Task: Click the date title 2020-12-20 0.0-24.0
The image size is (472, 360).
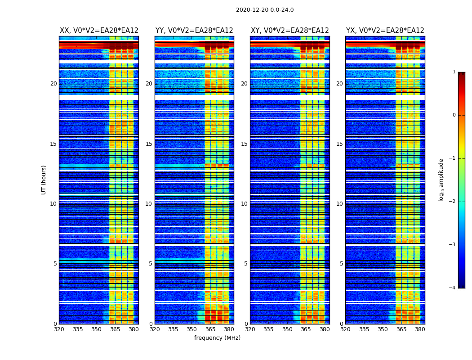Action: pyautogui.click(x=265, y=10)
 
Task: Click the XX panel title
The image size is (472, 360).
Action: pyautogui.click(x=99, y=31)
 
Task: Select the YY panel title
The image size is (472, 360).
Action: pyautogui.click(x=194, y=31)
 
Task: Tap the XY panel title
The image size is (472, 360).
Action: pyautogui.click(x=290, y=31)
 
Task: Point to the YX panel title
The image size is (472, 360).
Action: pyautogui.click(x=385, y=31)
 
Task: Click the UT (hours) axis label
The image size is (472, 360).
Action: pyautogui.click(x=44, y=180)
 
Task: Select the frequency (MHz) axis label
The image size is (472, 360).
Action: pyautogui.click(x=217, y=338)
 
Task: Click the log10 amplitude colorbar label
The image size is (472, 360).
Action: pyautogui.click(x=441, y=180)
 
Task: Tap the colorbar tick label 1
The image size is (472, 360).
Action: pyautogui.click(x=454, y=72)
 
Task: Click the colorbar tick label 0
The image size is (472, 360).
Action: pyautogui.click(x=454, y=115)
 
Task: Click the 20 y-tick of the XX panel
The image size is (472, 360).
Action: pyautogui.click(x=53, y=84)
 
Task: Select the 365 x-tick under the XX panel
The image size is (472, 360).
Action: pyautogui.click(x=115, y=329)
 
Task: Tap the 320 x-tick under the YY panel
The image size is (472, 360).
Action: pyautogui.click(x=155, y=329)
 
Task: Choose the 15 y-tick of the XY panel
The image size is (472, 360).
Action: pyautogui.click(x=244, y=144)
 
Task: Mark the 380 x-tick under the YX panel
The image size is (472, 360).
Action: pyautogui.click(x=420, y=329)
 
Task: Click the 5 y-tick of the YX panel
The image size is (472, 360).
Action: pyautogui.click(x=341, y=264)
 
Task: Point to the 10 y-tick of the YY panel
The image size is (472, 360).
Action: pyautogui.click(x=149, y=204)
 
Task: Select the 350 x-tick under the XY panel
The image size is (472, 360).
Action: pyautogui.click(x=287, y=329)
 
